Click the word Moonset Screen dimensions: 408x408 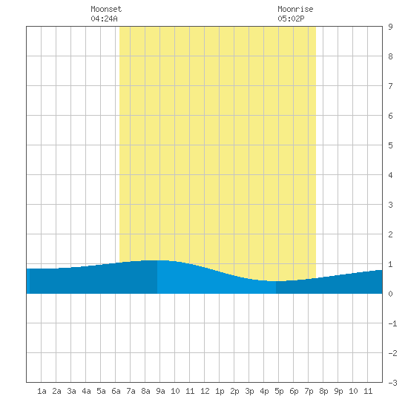point(106,9)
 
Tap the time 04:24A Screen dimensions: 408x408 point(104,19)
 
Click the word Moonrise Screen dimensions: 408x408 point(295,9)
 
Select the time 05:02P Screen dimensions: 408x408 point(291,19)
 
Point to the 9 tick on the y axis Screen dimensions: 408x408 point(390,27)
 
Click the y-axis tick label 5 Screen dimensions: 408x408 point(390,145)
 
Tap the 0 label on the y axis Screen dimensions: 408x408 point(390,294)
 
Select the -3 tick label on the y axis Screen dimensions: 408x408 point(392,383)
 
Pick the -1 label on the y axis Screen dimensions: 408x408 point(392,323)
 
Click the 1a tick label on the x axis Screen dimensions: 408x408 point(42,391)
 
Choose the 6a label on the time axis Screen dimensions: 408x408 point(116,391)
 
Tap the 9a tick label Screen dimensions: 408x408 point(160,391)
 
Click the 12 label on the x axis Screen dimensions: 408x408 point(205,391)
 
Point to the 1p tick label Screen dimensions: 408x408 point(220,391)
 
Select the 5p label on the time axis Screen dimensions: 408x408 point(279,391)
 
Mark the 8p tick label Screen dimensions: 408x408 point(323,391)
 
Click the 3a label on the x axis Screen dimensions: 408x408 point(71,391)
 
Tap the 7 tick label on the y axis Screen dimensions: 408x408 point(390,86)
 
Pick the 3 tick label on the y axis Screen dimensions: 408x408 point(390,205)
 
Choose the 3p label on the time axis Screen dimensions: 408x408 point(249,391)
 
